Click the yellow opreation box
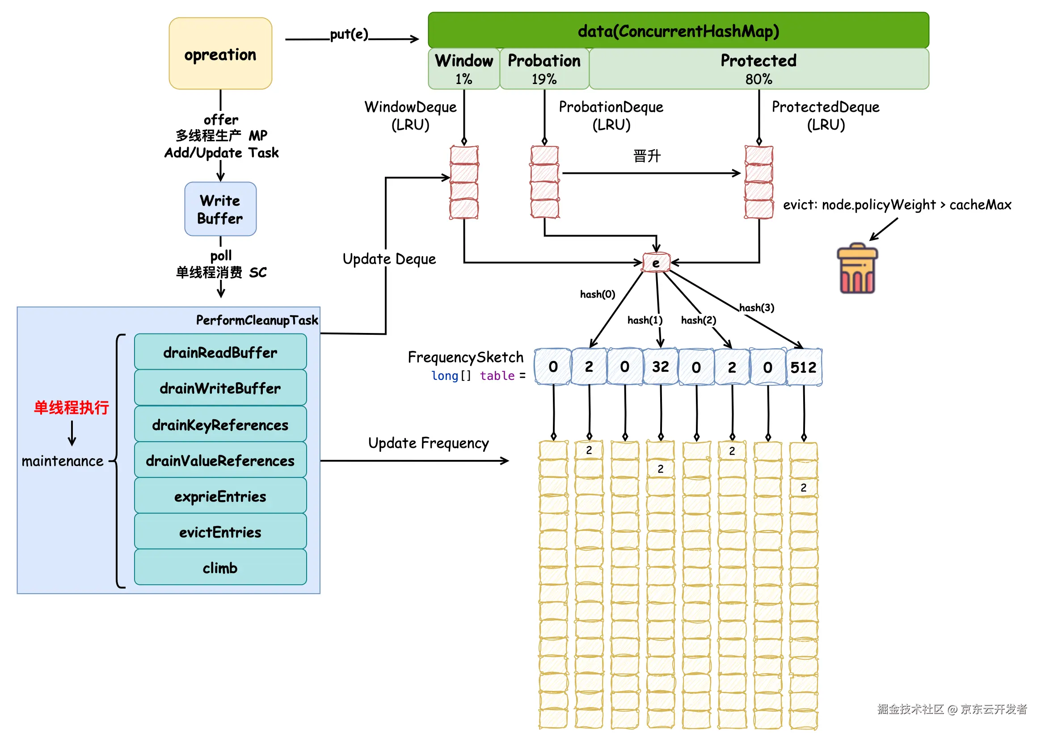220,54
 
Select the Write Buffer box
220,209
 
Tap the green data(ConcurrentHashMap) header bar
678,30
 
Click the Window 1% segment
464,69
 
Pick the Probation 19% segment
544,69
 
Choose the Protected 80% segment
758,69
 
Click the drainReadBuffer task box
220,352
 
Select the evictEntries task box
220,531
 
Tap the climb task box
220,567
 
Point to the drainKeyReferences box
220,424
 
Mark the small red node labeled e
656,262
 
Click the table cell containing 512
803,367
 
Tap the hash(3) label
756,308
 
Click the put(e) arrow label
349,34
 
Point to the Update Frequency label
428,443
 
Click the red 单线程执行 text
72,407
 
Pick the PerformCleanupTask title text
257,320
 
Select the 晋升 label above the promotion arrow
647,156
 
